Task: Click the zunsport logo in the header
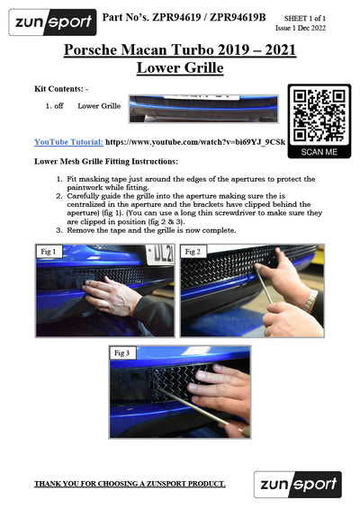click(52, 22)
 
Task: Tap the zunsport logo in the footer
click(298, 485)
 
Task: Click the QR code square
click(319, 116)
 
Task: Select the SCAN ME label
click(319, 152)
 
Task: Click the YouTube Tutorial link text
click(69, 142)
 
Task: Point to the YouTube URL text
click(195, 142)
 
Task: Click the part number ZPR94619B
click(238, 17)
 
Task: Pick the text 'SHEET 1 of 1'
click(305, 18)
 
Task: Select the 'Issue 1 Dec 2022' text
click(301, 28)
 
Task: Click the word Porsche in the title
click(90, 49)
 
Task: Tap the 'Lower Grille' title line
click(180, 67)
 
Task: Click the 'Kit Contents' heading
click(61, 89)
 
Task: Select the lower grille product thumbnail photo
click(203, 109)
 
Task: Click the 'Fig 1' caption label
click(49, 252)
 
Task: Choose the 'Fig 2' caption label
click(193, 252)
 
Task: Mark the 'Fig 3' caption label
click(121, 353)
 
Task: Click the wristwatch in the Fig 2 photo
click(310, 300)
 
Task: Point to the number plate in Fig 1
click(160, 255)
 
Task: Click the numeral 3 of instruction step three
click(58, 230)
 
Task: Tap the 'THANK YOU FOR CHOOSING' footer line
click(130, 484)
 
